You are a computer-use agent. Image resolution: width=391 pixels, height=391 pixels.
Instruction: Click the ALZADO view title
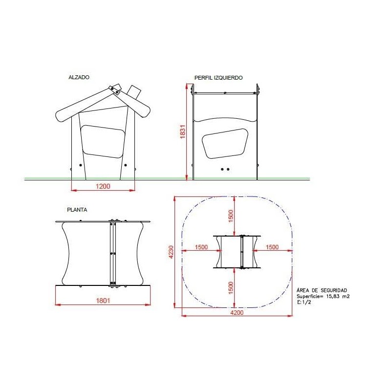pos(79,77)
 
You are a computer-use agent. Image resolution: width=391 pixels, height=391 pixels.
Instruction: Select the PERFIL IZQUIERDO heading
pos(218,78)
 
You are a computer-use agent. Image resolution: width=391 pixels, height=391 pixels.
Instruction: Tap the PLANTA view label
pos(77,210)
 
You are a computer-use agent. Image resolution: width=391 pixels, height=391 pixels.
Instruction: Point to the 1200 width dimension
pos(103,186)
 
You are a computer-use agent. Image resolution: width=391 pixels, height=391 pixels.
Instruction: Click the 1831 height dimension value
pos(183,131)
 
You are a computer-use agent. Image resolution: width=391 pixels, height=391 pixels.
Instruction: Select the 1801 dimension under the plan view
pos(103,301)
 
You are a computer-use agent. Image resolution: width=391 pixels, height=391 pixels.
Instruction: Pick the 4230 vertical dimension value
pos(171,252)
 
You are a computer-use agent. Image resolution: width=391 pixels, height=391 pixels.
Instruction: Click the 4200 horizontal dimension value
pos(237,313)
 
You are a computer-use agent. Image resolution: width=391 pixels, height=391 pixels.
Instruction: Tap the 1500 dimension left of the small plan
pos(201,247)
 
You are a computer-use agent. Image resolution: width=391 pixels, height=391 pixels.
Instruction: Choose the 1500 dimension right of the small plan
pos(272,247)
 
